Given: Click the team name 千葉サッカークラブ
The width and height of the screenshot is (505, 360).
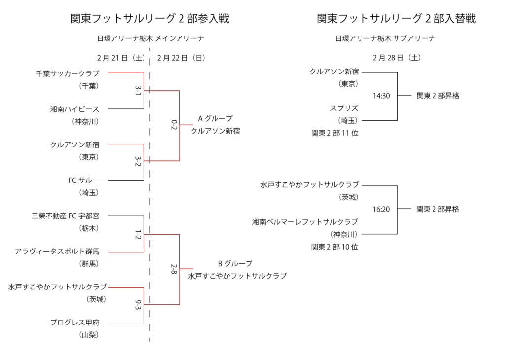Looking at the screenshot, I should point(68,73).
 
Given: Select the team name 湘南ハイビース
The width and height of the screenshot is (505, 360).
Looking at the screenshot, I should point(74,109).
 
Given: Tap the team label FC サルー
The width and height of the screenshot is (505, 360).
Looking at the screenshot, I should point(84,180).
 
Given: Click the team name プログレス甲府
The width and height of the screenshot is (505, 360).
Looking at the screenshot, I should point(74,323).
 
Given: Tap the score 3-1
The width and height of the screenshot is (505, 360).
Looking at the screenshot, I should point(138,90).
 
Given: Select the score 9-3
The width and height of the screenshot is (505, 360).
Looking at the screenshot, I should point(138,304).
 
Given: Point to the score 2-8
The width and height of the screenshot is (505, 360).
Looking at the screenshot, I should point(174,269).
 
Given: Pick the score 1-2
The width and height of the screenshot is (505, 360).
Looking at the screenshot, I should point(138,233).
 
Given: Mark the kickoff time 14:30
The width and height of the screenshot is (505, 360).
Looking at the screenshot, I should point(381,96).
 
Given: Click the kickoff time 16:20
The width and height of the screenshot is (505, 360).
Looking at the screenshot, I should point(381,209).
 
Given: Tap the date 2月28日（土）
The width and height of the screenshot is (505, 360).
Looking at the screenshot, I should point(397,57).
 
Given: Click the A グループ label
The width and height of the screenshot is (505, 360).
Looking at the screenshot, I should point(215,119).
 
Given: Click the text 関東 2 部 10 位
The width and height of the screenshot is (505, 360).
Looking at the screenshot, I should point(334,247).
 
